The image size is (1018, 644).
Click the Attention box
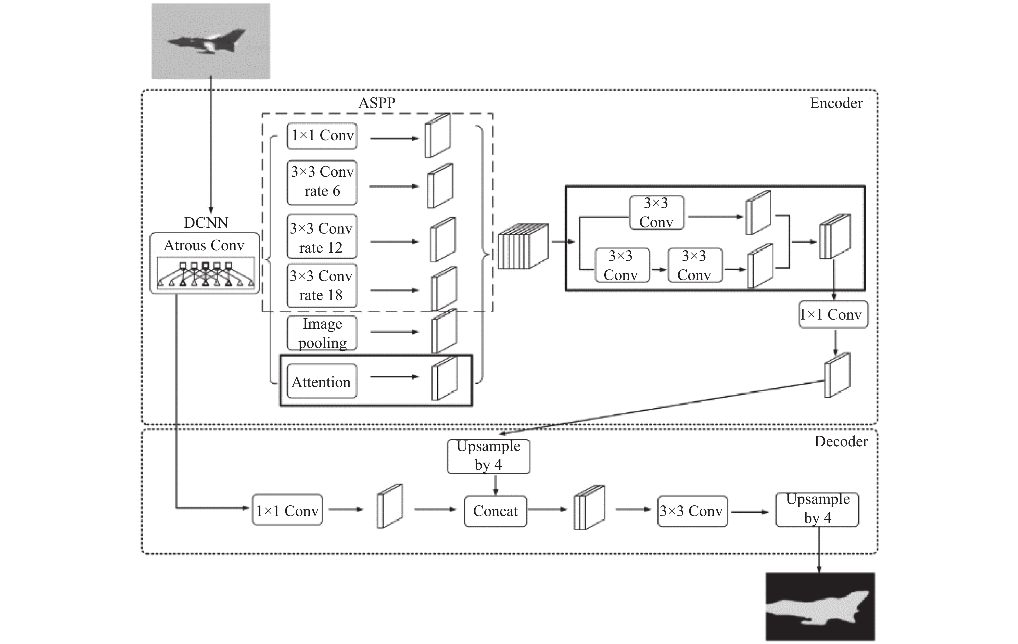[x=322, y=381]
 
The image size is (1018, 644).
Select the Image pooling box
[x=322, y=333]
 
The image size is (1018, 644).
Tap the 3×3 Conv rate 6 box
[x=322, y=182]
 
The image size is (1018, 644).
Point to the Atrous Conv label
[x=204, y=245]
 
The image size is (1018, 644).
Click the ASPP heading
[x=377, y=103]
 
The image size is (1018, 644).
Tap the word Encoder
[x=836, y=103]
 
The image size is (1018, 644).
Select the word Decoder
[x=841, y=441]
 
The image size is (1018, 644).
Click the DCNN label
[x=206, y=223]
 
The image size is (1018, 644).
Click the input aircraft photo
[x=211, y=41]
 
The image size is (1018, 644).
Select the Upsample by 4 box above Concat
[x=488, y=456]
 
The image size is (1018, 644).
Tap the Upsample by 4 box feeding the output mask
[x=817, y=509]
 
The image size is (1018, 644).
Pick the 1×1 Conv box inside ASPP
[x=322, y=136]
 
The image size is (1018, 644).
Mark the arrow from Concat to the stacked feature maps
[x=547, y=510]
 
